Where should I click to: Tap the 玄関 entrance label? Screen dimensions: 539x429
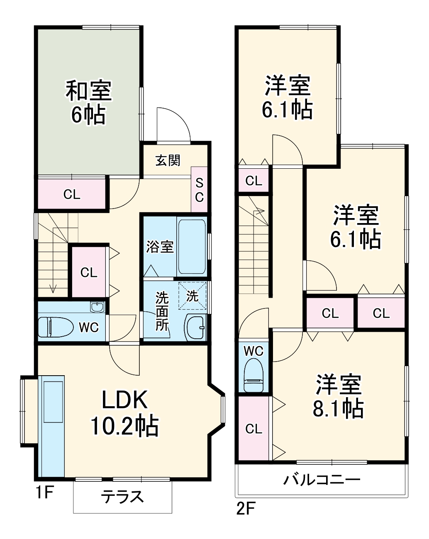[x=168, y=160]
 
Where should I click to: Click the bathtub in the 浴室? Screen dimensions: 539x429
[x=192, y=246]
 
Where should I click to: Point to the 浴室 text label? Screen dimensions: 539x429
[x=160, y=247]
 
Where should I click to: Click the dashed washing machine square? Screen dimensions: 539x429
[x=193, y=296]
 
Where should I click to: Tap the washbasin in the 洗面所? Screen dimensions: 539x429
[x=195, y=327]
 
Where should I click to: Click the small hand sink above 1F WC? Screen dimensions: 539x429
[x=97, y=307]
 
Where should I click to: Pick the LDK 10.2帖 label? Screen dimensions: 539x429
[x=124, y=413]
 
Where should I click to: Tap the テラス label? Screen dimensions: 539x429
[x=123, y=496]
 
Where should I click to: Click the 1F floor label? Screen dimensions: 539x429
[x=44, y=493]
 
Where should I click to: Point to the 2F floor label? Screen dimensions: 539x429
[x=245, y=508]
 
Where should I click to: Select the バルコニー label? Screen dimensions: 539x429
[x=322, y=480]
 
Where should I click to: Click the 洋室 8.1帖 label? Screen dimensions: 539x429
[x=338, y=396]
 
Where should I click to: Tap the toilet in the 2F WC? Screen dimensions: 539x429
[x=253, y=375]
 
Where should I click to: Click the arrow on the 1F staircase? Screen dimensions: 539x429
[x=53, y=289]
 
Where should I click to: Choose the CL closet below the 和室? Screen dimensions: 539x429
[x=71, y=194]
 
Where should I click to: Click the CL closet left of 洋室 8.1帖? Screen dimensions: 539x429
[x=253, y=428]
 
